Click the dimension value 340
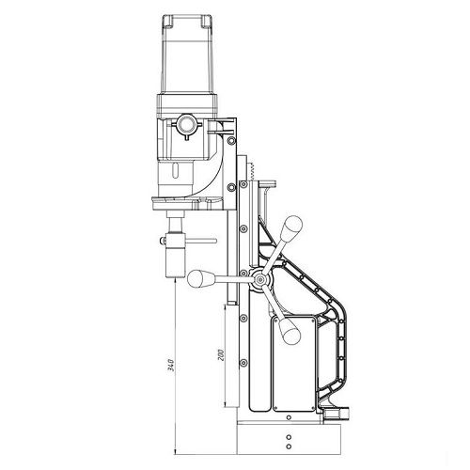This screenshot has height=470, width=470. click(x=171, y=365)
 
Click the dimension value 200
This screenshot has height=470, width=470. click(x=221, y=354)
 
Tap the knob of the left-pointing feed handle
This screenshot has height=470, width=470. click(x=196, y=278)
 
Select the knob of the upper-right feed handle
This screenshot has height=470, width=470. click(x=291, y=227)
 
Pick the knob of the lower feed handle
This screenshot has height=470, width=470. click(x=290, y=332)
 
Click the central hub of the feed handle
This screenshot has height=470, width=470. click(x=259, y=278)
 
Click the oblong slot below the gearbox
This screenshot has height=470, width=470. click(x=176, y=171)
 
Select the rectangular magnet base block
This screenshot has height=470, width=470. click(x=289, y=439)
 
